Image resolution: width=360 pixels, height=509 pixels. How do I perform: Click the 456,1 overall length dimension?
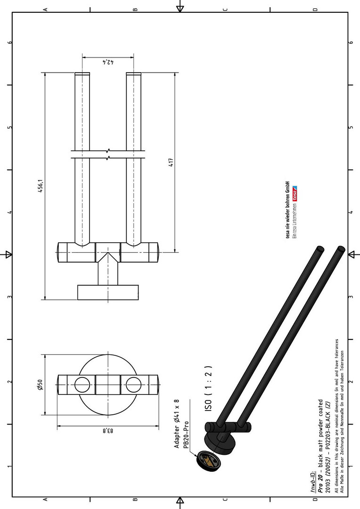(41, 186)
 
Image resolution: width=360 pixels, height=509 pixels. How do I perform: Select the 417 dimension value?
(171, 162)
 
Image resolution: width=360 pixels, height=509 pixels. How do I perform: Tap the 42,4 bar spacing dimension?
(108, 62)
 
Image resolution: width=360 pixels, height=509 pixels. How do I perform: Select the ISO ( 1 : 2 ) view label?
(208, 388)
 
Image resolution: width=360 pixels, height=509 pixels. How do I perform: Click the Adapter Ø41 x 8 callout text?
(177, 424)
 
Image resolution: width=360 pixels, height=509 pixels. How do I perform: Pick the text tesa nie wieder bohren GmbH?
(287, 209)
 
